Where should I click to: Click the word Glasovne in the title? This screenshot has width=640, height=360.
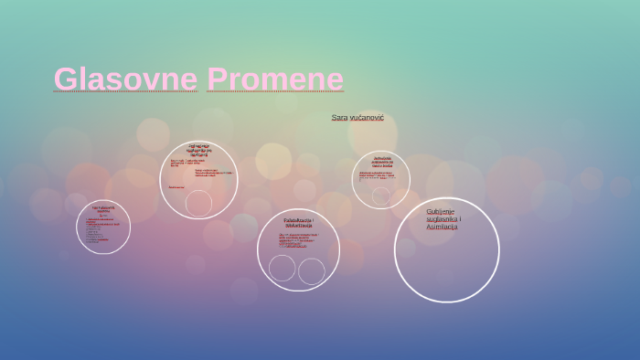[x=125, y=79]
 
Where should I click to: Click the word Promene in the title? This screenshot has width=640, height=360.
[x=275, y=79]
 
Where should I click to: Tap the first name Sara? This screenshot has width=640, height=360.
[x=339, y=118]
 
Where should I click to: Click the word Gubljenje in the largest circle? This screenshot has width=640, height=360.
[x=440, y=212]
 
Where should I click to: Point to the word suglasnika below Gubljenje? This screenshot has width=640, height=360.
[x=443, y=219]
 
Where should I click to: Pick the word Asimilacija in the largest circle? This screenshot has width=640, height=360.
[x=442, y=227]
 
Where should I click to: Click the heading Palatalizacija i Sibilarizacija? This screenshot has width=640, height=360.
[x=298, y=222]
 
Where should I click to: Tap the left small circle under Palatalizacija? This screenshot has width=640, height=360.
[x=283, y=268]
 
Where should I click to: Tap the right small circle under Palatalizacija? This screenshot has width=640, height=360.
[x=312, y=271]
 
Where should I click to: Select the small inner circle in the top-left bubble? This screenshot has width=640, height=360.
[x=198, y=203]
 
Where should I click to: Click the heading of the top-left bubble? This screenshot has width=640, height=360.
[x=198, y=150]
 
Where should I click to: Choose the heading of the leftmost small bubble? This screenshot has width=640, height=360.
[x=103, y=209]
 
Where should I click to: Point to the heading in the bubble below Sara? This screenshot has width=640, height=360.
[x=381, y=162]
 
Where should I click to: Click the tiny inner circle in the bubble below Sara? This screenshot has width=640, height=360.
[x=380, y=196]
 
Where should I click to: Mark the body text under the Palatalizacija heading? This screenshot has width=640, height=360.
[x=298, y=240]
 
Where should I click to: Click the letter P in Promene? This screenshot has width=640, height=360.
[x=217, y=79]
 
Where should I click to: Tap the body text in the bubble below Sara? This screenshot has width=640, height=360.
[x=378, y=175]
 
